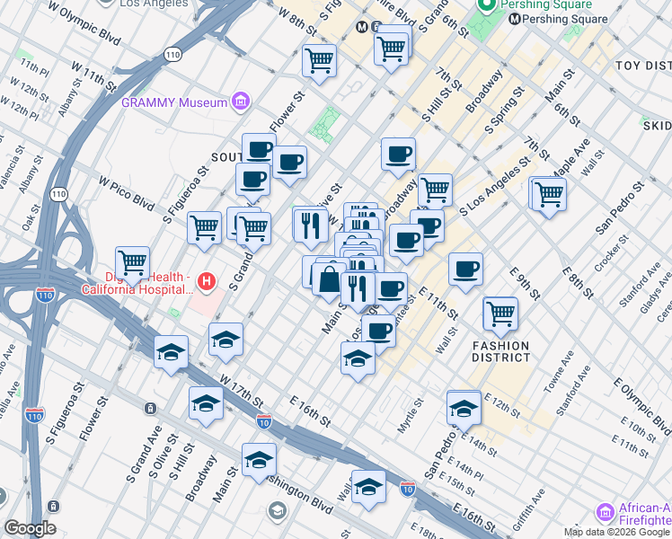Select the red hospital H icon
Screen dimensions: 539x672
pos(208,282)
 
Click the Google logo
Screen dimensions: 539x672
pos(30,528)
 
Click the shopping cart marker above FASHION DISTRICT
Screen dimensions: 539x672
pos(500,314)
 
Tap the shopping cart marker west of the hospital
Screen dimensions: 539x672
pos(133,263)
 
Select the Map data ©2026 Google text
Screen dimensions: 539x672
pos(617,532)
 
